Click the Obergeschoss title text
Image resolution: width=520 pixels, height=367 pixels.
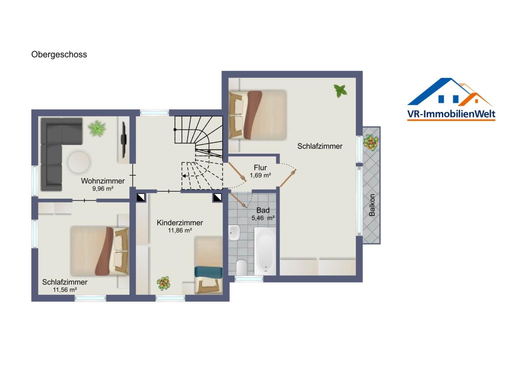click(59, 55)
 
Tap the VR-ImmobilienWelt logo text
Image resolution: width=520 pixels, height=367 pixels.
click(451, 114)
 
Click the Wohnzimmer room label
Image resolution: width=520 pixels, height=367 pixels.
click(103, 181)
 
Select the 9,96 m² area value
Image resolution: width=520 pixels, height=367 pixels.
click(103, 189)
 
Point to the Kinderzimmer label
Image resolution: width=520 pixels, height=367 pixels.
click(180, 223)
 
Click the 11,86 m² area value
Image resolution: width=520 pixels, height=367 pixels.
click(180, 230)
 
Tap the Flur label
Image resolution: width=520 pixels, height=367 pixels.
click(260, 167)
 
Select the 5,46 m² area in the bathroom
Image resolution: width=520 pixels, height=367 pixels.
click(263, 218)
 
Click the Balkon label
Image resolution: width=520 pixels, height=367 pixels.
click(372, 205)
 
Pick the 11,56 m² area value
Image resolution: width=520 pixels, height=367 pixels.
click(65, 290)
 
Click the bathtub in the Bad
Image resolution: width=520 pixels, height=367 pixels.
click(265, 251)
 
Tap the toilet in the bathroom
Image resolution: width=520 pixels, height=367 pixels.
click(242, 267)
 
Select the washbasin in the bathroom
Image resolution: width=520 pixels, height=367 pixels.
click(234, 232)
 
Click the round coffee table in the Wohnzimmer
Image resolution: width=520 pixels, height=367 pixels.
click(79, 162)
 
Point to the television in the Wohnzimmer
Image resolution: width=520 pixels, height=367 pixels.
click(124, 140)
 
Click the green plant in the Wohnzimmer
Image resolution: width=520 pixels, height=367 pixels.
click(97, 128)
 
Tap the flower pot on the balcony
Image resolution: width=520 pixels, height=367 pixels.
click(371, 142)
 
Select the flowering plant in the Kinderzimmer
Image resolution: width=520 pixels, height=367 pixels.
click(163, 283)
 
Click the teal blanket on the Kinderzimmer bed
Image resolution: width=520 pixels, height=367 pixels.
click(208, 272)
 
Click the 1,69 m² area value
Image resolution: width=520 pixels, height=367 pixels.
click(260, 176)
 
